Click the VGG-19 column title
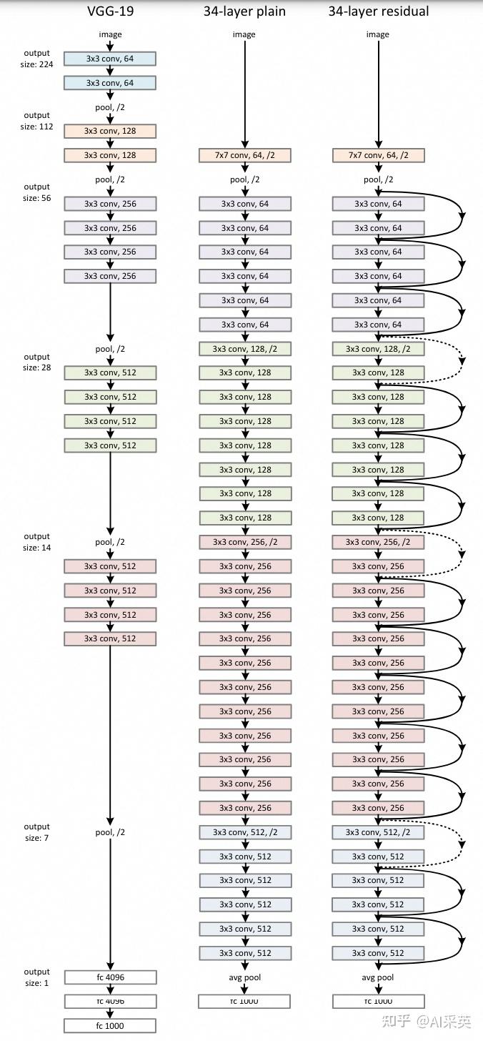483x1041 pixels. pyautogui.click(x=109, y=11)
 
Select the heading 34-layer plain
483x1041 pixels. pyautogui.click(x=244, y=11)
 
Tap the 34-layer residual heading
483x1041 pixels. pyautogui.click(x=379, y=11)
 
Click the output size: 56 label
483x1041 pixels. pyautogui.click(x=36, y=192)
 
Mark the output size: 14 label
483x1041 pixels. pyautogui.click(x=36, y=542)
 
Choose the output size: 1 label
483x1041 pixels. pyautogui.click(x=36, y=977)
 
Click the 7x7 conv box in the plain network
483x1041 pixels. pyautogui.click(x=244, y=155)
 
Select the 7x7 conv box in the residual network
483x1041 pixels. pyautogui.click(x=378, y=155)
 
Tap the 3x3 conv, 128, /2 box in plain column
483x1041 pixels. pyautogui.click(x=244, y=349)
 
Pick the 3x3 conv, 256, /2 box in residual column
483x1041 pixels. pyautogui.click(x=378, y=542)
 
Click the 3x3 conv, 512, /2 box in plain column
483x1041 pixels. pyautogui.click(x=244, y=832)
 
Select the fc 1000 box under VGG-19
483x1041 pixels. pyautogui.click(x=109, y=1026)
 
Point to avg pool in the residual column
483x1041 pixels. pyautogui.click(x=378, y=977)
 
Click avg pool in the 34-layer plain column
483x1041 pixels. pyautogui.click(x=244, y=977)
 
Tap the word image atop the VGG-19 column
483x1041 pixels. pyautogui.click(x=110, y=34)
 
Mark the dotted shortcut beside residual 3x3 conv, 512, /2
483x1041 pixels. pyautogui.click(x=462, y=844)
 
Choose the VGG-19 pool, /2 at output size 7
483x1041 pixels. pyautogui.click(x=110, y=832)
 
